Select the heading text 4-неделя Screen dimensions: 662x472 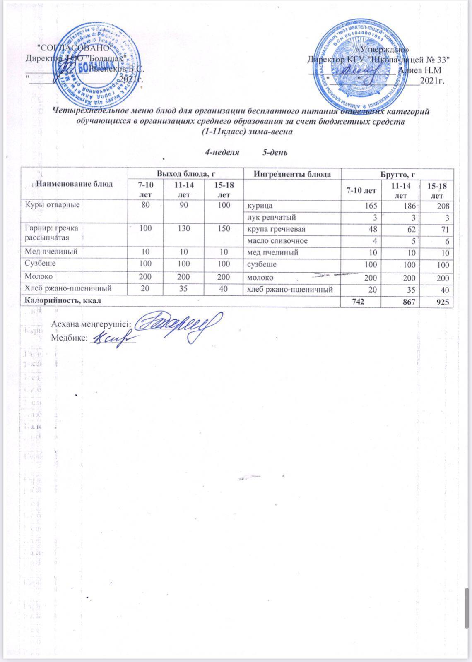pos(223,152)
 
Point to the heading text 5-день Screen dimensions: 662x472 pos(275,152)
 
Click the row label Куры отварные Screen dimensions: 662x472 pos(53,204)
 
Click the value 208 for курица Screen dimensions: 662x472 pos(443,205)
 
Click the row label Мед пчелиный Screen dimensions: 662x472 pos(51,251)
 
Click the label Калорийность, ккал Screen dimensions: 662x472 pos(62,301)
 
